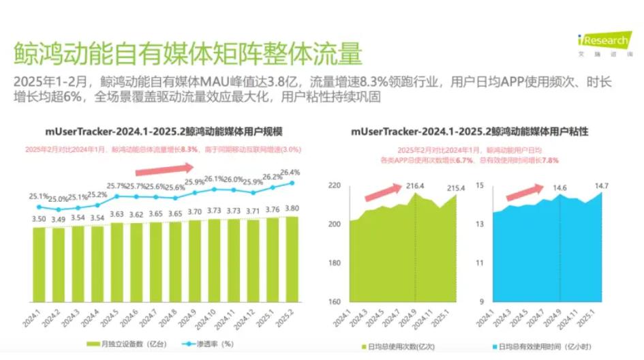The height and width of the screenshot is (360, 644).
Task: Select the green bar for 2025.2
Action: (292, 266)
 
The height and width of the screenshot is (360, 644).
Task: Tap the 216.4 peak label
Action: (414, 185)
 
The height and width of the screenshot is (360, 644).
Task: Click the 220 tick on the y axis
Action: (334, 185)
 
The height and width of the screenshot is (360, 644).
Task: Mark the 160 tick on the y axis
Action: (334, 302)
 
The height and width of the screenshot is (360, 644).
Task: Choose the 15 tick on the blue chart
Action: (479, 185)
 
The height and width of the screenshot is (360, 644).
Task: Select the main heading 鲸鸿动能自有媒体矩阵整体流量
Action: (187, 53)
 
